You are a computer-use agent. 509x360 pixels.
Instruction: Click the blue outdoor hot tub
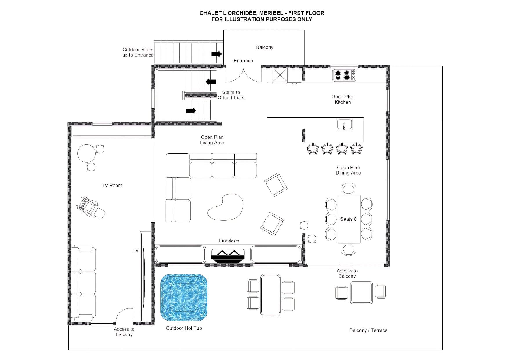tap(184, 297)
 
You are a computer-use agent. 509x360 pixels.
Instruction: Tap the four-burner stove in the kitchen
tap(344, 75)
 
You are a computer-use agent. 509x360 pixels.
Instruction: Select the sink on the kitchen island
tap(344, 124)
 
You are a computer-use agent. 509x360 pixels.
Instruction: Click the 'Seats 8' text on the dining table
tap(348, 219)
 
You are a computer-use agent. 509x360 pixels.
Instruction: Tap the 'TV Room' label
tap(112, 185)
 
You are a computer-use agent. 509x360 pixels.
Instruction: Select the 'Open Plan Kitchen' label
tap(343, 99)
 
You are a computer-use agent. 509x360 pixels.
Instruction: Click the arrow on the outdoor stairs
tap(217, 54)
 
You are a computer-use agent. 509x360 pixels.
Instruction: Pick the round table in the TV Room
tap(86, 154)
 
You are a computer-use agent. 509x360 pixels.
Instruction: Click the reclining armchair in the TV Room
tap(87, 206)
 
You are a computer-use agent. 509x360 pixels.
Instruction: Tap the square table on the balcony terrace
tap(361, 292)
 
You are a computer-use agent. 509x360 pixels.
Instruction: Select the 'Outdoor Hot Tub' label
tap(184, 328)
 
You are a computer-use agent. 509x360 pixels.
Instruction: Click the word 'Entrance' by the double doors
tap(243, 61)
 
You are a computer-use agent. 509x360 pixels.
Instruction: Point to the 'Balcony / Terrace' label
tap(368, 330)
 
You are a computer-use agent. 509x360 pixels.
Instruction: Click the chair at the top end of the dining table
tap(348, 188)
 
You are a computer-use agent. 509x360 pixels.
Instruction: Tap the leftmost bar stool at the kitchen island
tap(313, 149)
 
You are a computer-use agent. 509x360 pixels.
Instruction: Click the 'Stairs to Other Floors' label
tap(231, 95)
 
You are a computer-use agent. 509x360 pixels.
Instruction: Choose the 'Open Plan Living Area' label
tap(212, 140)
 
